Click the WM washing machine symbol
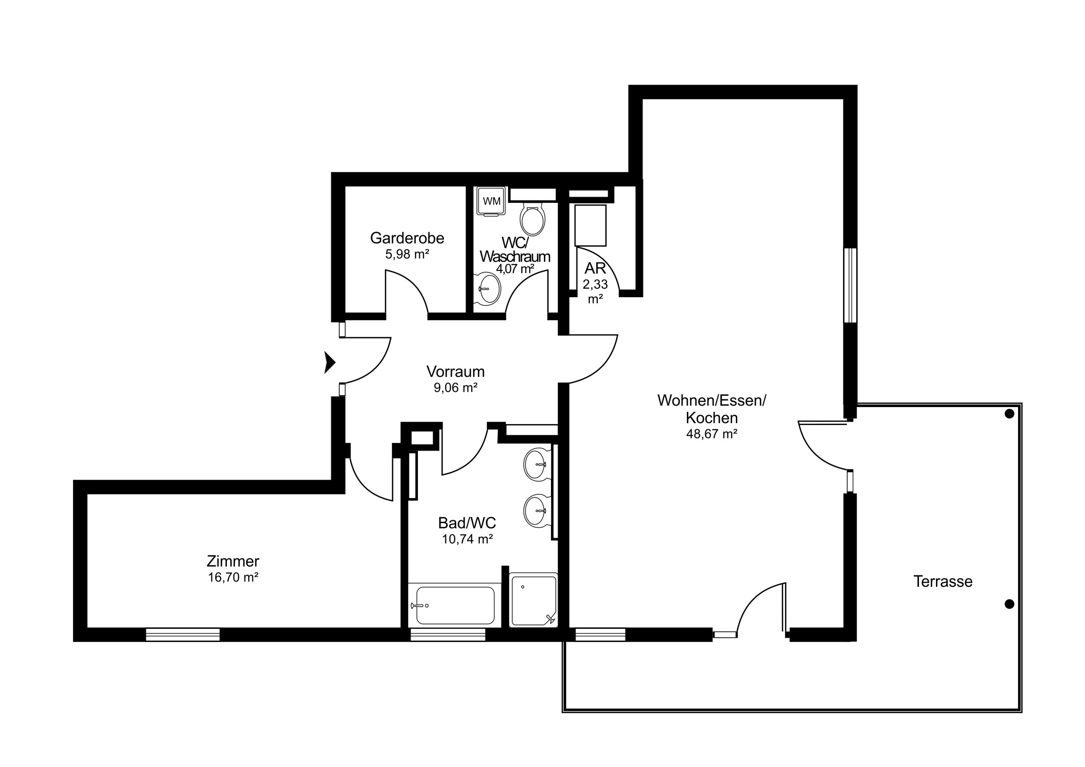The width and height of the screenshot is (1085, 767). [x=492, y=201]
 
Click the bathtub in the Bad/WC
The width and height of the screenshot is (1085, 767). [x=455, y=605]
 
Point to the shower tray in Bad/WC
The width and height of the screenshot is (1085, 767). [x=534, y=600]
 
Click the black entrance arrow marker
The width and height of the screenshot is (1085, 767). [x=330, y=362]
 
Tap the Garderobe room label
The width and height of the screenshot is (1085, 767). [x=407, y=238]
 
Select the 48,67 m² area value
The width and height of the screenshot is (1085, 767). [x=712, y=434]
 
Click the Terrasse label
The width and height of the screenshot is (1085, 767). [x=943, y=581]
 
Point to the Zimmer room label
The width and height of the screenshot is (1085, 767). [x=233, y=561]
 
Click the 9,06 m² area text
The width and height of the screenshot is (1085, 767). [x=456, y=388]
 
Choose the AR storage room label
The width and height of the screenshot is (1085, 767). [x=595, y=268]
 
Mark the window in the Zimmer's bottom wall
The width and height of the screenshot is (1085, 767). [x=183, y=634]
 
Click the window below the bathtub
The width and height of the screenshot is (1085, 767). [x=448, y=634]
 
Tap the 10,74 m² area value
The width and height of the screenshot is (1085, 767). [x=467, y=539]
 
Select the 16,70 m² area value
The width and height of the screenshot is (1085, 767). [x=233, y=577]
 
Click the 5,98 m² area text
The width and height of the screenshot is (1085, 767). [x=407, y=254]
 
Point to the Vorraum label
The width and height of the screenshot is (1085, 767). [x=456, y=371]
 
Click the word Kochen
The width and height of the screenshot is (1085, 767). [x=712, y=418]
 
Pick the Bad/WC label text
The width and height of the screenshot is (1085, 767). [x=467, y=523]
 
